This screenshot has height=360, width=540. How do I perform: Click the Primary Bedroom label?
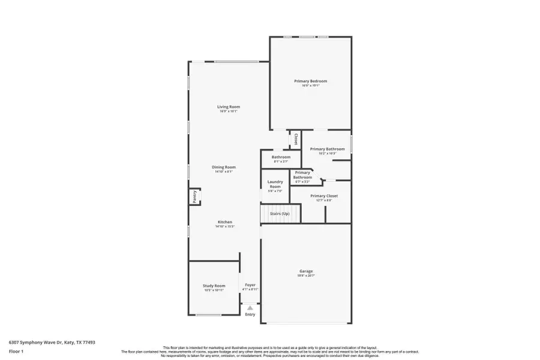[x=310, y=81]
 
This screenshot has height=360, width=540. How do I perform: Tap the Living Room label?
[x=229, y=107]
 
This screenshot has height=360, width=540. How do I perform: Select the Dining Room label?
[x=224, y=167]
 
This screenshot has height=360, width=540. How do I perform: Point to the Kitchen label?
[x=225, y=222]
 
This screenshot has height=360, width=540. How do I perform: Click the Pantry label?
[x=194, y=196]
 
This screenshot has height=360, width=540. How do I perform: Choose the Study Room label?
[x=214, y=286]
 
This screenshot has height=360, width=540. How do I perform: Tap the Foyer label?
[x=250, y=284]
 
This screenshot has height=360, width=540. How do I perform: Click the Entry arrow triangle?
[x=250, y=307]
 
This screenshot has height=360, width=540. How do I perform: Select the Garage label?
[x=306, y=271]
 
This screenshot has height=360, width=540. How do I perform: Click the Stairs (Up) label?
[x=280, y=214]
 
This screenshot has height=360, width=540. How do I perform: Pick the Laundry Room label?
[x=275, y=184]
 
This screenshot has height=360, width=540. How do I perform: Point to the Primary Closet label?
[x=324, y=196]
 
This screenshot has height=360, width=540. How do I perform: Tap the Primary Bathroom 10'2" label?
[x=327, y=149]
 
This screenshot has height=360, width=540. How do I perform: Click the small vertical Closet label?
[x=295, y=139]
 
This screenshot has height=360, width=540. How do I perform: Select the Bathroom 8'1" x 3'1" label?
[x=281, y=157]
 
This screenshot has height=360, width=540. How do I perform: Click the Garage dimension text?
[x=306, y=275]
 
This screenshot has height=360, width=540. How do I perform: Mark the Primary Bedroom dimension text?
[x=310, y=85]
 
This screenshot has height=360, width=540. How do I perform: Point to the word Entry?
[x=250, y=314]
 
